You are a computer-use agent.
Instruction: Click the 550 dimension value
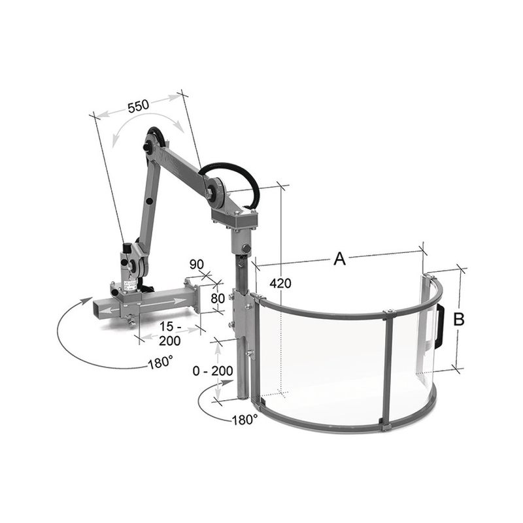coord(139,105)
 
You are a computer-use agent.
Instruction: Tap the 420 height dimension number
coord(280,283)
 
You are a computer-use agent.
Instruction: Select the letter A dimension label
coord(339,259)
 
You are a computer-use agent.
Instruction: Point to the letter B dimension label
coord(459,319)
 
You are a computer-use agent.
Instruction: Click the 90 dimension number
coord(197,265)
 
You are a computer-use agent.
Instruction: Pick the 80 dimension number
coord(218,298)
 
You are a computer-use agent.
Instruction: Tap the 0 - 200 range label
coord(213,371)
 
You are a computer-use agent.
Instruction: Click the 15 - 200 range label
coord(170,333)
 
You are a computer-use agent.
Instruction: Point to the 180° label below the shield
coord(245,419)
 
